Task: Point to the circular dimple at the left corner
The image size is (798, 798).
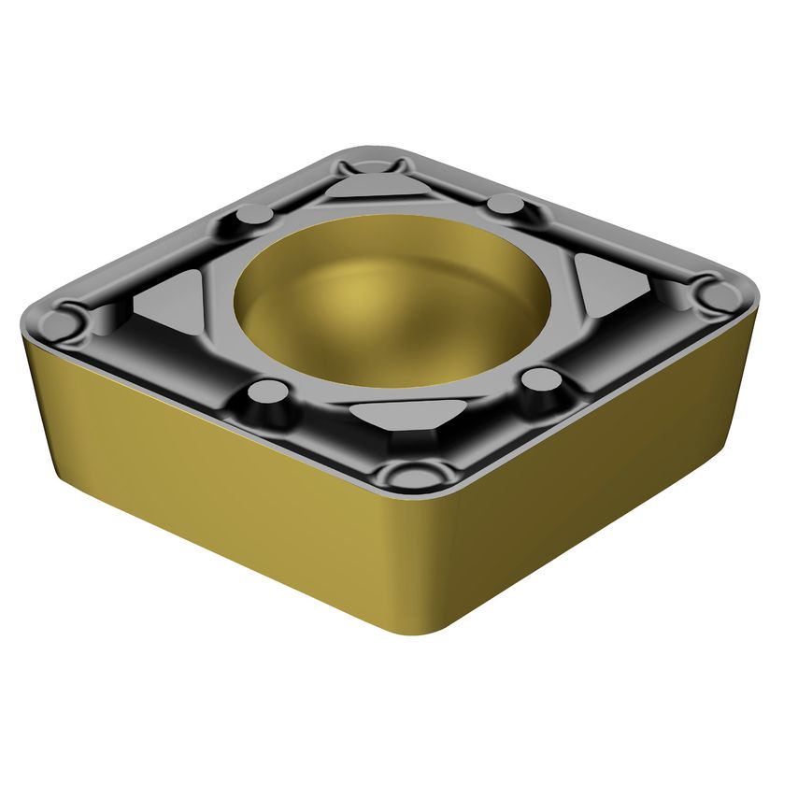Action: point(61,325)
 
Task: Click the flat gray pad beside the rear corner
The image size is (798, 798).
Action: point(372,189)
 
